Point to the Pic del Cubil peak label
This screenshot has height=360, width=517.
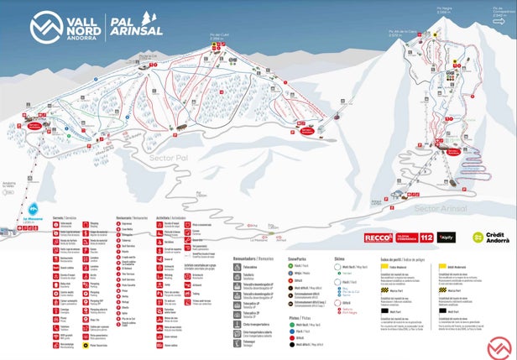[216, 37]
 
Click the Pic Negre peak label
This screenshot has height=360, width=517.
[443, 11]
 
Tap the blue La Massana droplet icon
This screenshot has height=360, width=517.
[34, 207]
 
